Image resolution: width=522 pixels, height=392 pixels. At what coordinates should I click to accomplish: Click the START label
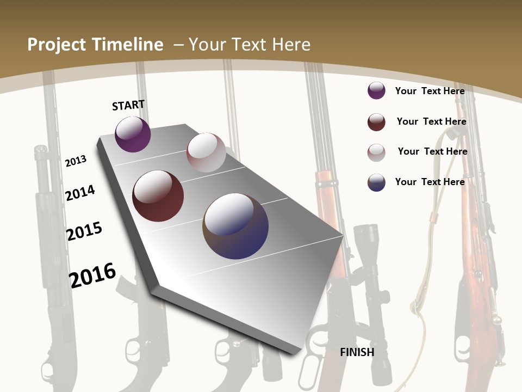(128, 105)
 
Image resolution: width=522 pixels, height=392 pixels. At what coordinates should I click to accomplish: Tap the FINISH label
(357, 352)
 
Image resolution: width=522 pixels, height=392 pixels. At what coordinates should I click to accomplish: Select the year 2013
(76, 161)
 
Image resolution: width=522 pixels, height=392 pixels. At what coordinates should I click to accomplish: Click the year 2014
(80, 193)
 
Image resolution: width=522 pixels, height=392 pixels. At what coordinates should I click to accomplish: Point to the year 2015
(84, 231)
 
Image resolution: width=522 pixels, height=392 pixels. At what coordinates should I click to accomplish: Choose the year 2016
(92, 274)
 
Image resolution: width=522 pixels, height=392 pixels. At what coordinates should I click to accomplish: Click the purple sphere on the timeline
(133, 134)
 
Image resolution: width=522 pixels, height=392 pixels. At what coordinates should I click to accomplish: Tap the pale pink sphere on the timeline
(206, 152)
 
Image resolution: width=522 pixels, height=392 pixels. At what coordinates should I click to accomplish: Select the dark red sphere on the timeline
(158, 196)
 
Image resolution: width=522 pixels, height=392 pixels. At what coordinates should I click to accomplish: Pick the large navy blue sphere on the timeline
(235, 226)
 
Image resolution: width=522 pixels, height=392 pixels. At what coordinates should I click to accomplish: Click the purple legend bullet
(376, 91)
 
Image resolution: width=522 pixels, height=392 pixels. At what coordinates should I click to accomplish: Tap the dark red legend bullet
(376, 122)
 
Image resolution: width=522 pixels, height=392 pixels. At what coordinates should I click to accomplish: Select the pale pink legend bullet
(376, 152)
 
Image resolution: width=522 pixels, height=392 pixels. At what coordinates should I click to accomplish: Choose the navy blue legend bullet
(376, 182)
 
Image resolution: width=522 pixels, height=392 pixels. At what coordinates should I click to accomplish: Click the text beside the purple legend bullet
(430, 91)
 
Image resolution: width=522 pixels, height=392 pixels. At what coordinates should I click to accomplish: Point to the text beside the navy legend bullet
(430, 182)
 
